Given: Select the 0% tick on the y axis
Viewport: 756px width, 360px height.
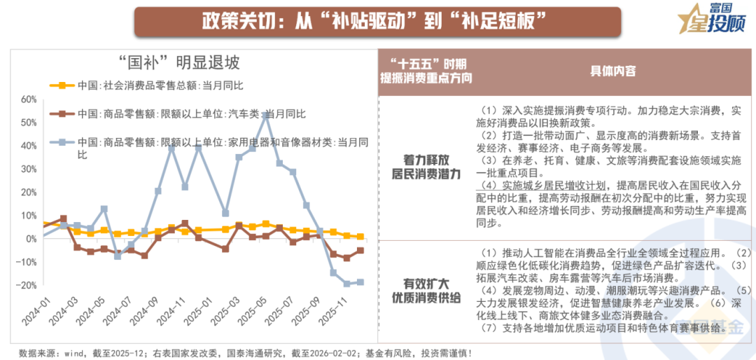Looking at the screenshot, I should (x=31, y=239).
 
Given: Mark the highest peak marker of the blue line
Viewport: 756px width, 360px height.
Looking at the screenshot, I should (x=266, y=114).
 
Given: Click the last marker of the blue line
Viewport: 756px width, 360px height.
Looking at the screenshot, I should (x=360, y=282).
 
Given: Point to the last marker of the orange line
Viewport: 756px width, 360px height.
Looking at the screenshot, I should (x=360, y=237).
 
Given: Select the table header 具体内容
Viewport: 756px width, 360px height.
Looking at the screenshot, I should (x=612, y=71).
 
